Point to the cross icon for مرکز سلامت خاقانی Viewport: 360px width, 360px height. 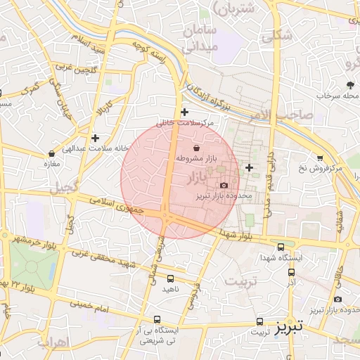(x=184, y=112)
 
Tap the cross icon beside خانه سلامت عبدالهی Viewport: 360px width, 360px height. (x=95, y=138)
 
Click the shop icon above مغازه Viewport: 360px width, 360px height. (x=51, y=153)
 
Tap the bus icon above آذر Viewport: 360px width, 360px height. (x=291, y=271)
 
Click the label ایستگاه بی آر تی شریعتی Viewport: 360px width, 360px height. (x=157, y=335)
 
